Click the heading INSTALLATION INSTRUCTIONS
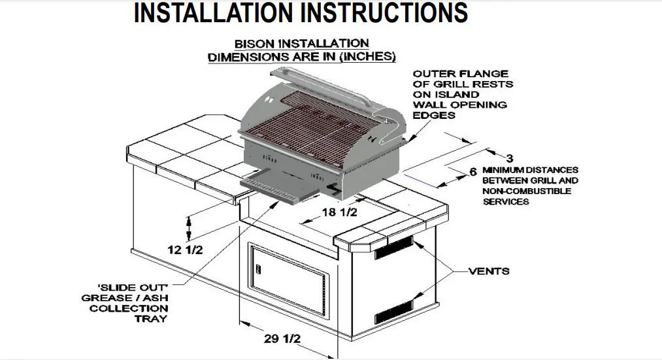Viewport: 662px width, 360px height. tap(301, 12)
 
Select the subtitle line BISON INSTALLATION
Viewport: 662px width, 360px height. tap(301, 44)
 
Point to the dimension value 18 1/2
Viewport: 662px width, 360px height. tap(340, 213)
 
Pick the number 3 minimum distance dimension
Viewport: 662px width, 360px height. tap(509, 157)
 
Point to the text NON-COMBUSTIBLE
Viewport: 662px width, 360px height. tap(527, 191)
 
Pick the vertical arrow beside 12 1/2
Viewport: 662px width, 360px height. tap(190, 229)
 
